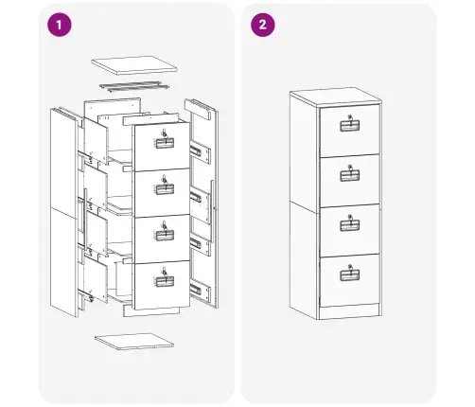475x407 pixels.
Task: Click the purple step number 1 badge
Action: [60, 25]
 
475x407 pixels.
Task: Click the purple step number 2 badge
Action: [263, 25]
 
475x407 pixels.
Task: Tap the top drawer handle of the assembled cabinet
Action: [350, 126]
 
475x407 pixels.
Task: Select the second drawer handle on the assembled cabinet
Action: [350, 176]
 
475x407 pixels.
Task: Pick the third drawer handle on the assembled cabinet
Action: [350, 225]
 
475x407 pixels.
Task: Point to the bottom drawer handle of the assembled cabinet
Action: [350, 275]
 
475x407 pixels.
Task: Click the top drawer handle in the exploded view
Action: [165, 143]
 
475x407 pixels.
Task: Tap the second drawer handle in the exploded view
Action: [165, 189]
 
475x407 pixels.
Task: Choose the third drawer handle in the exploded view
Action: [165, 236]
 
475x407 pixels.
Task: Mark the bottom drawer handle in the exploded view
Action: [165, 281]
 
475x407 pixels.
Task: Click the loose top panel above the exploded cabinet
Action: [134, 65]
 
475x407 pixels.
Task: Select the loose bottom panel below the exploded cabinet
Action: [134, 341]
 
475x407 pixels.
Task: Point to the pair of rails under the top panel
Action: [134, 86]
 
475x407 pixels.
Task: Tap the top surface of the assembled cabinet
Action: [336, 96]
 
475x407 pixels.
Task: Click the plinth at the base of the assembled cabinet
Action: [349, 312]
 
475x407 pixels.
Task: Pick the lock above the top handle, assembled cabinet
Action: [350, 117]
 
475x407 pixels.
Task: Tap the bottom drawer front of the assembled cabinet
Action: [350, 280]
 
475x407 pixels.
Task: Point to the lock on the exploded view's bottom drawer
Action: [165, 271]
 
